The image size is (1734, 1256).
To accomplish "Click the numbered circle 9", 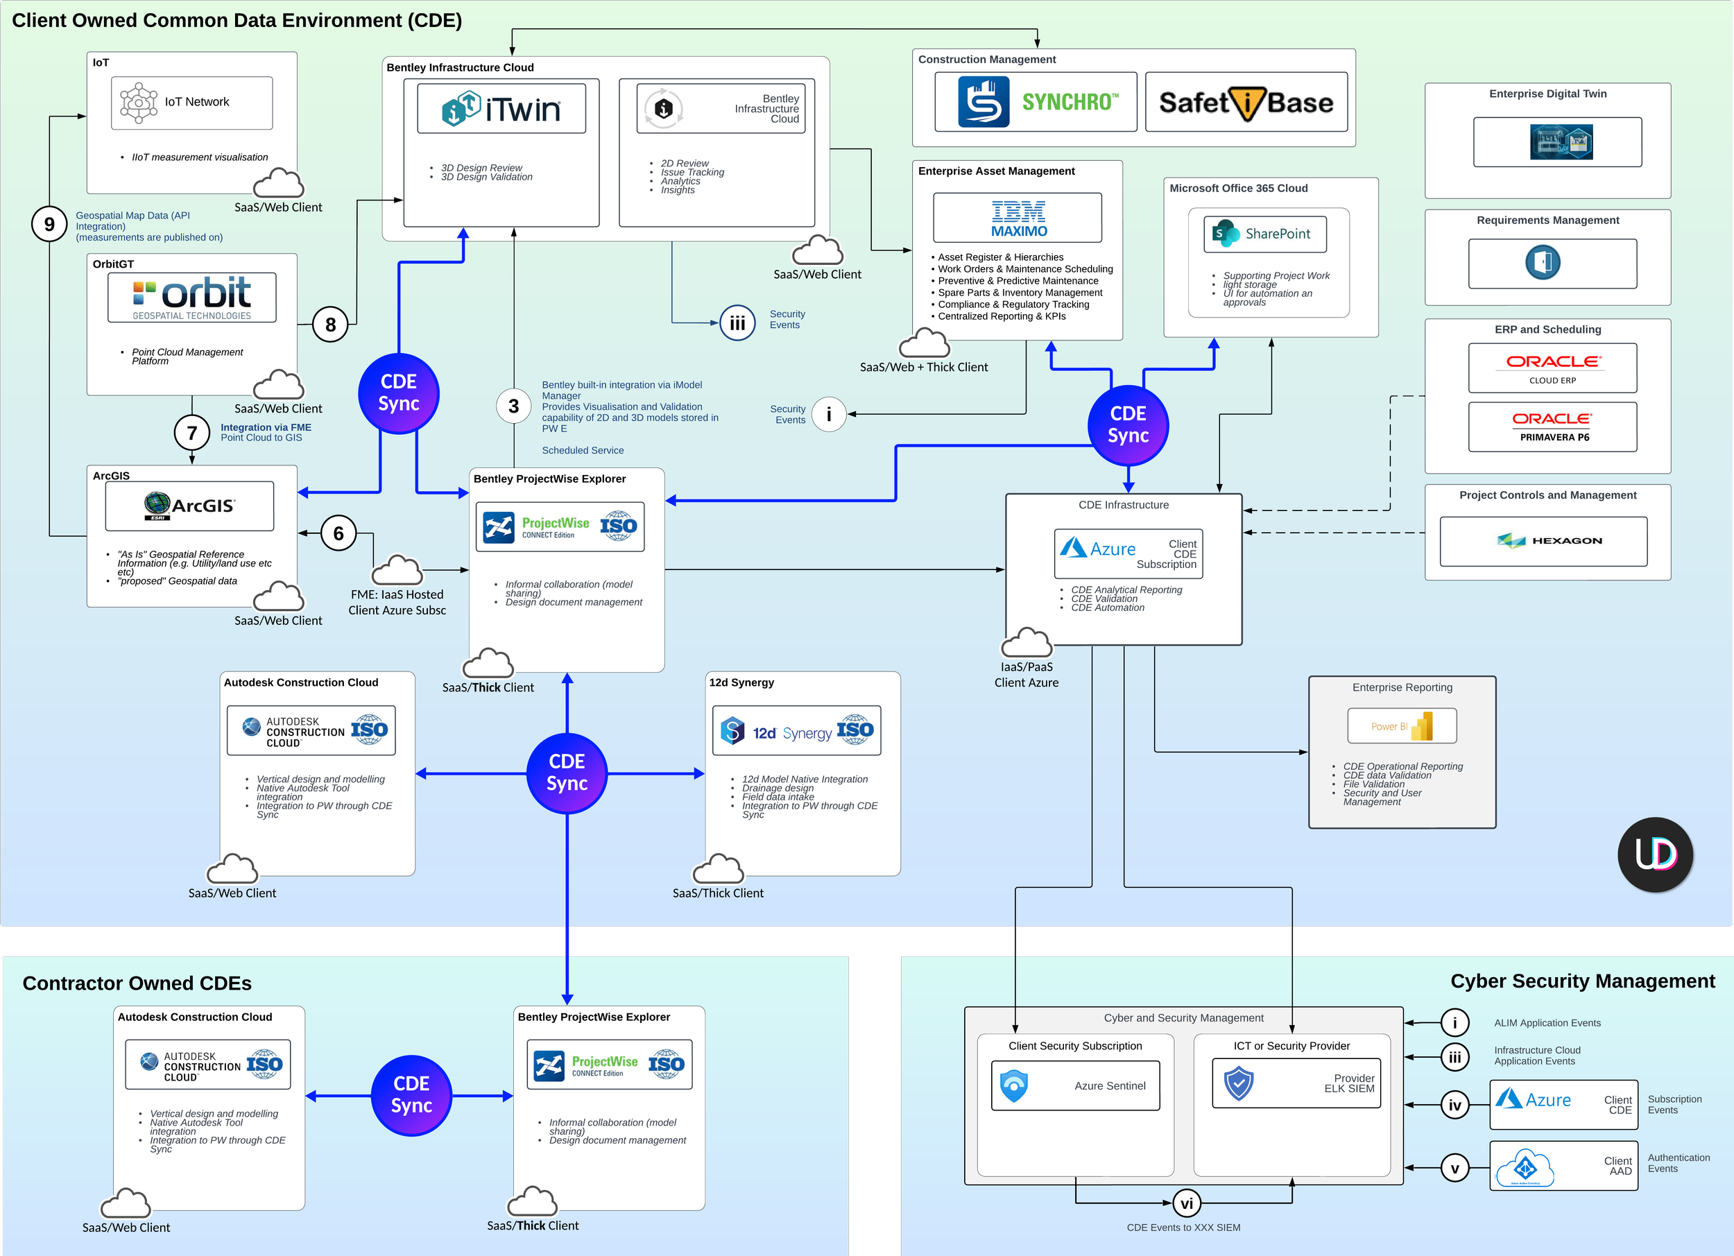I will click(49, 224).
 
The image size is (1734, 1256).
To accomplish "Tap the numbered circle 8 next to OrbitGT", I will click(330, 325).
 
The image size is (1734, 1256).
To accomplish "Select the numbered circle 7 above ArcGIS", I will click(192, 433).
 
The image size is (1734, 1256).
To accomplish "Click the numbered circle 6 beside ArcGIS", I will click(338, 533).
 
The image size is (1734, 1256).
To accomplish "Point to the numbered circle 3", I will click(513, 406).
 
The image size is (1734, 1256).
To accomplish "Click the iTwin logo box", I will click(501, 109).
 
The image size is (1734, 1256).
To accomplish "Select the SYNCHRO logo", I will click(1036, 102).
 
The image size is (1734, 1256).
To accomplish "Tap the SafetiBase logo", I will click(1246, 102).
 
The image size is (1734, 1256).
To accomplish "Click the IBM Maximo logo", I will click(1017, 218).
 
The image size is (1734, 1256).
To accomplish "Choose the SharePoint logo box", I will click(1264, 234).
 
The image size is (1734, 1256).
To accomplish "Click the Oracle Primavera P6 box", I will click(1552, 427).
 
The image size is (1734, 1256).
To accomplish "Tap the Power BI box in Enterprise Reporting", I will click(1402, 725).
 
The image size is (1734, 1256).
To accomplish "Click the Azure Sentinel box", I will click(1074, 1085).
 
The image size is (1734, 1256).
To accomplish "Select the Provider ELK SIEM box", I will click(1296, 1083).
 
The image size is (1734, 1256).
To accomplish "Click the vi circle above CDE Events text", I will click(1186, 1204).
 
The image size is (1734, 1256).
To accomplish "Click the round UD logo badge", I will click(1655, 854).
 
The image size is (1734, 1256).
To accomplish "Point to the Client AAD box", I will click(1563, 1166).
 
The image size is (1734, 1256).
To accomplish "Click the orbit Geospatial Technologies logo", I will click(192, 298).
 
